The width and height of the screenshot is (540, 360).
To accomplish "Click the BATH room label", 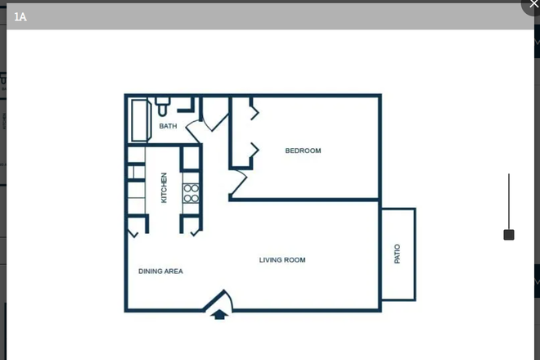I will coord(168,126).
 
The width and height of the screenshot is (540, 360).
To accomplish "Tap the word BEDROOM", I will coord(303,151).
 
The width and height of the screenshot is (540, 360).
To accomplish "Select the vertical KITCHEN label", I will coord(164,187).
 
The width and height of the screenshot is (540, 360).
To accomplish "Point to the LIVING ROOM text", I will coord(282,260).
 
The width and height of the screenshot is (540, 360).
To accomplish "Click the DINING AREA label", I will coord(160,271).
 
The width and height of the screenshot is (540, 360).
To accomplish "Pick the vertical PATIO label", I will coord(398,254).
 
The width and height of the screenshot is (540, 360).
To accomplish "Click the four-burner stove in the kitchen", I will coord(191,193).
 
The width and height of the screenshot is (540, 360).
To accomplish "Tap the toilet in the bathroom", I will coord(162,106).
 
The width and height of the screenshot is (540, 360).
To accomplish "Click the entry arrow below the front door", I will coord(219,313).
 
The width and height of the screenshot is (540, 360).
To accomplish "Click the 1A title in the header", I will coord(20,16).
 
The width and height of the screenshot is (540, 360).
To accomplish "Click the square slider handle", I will coord(509,235).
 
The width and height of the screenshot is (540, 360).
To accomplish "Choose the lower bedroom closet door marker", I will coord(254,151).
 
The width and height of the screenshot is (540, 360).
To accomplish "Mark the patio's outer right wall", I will coord(415,254).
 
